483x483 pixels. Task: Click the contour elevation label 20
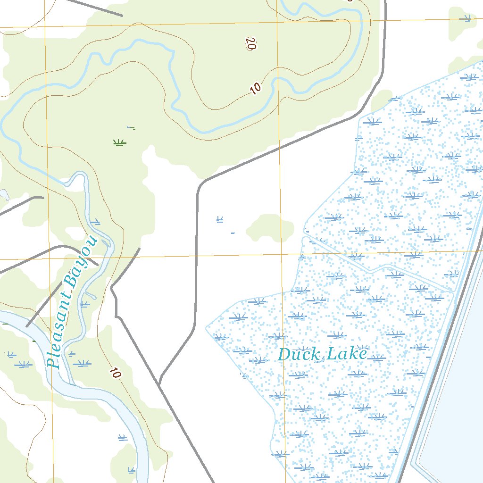point(250,43)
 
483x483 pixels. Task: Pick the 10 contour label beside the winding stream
point(255,88)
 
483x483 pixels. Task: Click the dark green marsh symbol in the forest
point(119,142)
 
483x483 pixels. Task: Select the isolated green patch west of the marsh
point(270,228)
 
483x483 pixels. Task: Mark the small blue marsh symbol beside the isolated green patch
point(219,219)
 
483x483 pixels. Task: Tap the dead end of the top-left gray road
point(122,16)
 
